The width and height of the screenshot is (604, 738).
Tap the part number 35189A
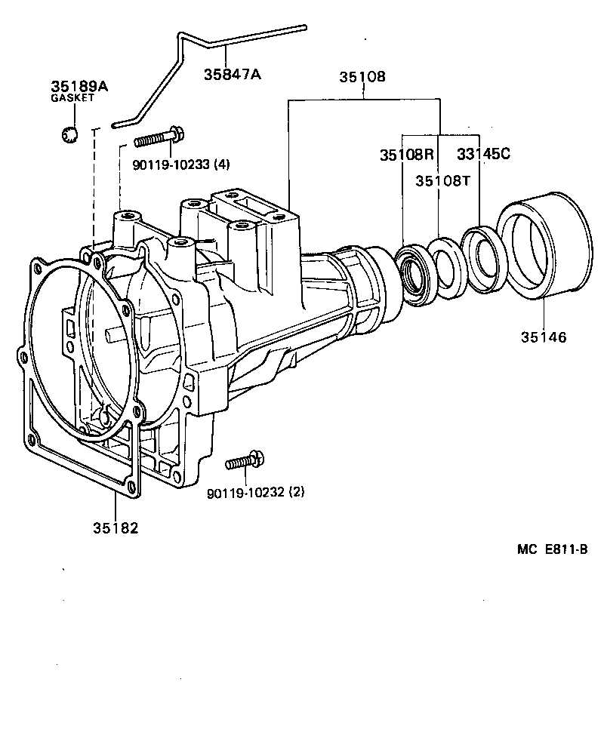coord(79,87)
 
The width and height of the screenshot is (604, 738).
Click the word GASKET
coord(72,99)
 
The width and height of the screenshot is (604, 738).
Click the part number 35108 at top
coord(362,78)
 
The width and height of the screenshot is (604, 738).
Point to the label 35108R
coord(406,155)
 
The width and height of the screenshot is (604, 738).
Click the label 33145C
coord(484,154)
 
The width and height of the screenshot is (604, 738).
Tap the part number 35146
coord(543,337)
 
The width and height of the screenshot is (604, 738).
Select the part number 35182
coord(116,527)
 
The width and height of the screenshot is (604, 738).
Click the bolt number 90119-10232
coord(245,494)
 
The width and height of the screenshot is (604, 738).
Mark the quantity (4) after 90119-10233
coord(223,163)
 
